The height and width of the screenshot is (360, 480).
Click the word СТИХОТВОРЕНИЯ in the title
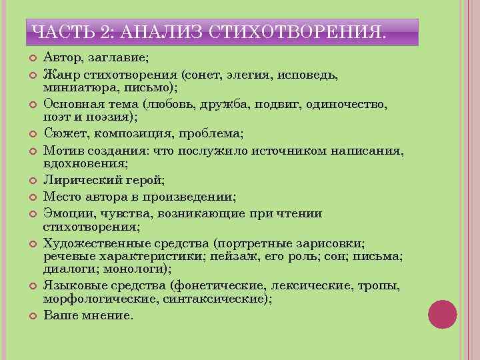click(297, 31)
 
